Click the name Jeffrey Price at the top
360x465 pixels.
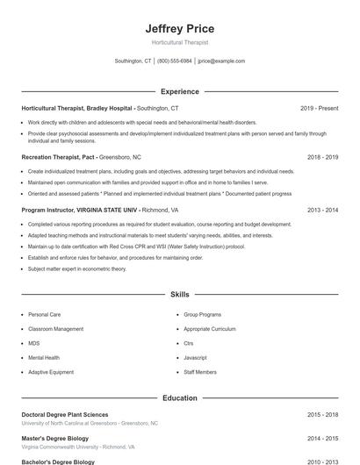pyautogui.click(x=179, y=29)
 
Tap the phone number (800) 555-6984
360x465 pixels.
pyautogui.click(x=175, y=61)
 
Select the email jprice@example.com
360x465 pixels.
pyautogui.click(x=221, y=61)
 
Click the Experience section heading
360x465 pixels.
pyautogui.click(x=179, y=91)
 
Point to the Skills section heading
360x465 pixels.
pyautogui.click(x=179, y=295)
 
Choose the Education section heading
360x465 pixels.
pyautogui.click(x=179, y=397)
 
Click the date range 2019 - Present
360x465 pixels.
pyautogui.click(x=319, y=108)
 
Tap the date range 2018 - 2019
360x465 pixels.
pyautogui.click(x=322, y=157)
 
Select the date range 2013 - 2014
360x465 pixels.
pyautogui.click(x=322, y=211)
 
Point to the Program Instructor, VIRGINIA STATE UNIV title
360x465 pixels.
pyautogui.click(x=80, y=211)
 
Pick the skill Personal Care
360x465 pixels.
pyautogui.click(x=44, y=314)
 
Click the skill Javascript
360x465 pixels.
pyautogui.click(x=195, y=358)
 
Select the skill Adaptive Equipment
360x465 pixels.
pyautogui.click(x=51, y=372)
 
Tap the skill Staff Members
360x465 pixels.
pyautogui.click(x=200, y=372)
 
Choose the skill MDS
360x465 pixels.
pyautogui.click(x=34, y=343)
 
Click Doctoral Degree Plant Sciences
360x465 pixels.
pyautogui.click(x=65, y=414)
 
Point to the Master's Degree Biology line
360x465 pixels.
pyautogui.click(x=55, y=438)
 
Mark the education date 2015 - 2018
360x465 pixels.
pyautogui.click(x=322, y=414)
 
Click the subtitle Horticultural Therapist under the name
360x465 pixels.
pyautogui.click(x=179, y=42)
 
